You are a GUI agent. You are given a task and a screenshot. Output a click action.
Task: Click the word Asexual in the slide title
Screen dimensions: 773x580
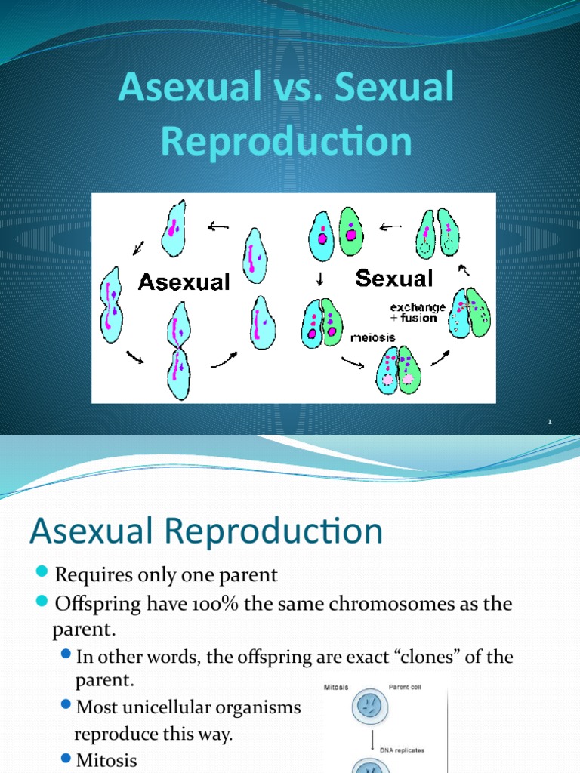point(189,90)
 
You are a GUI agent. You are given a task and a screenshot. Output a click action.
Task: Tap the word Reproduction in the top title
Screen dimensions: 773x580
point(286,142)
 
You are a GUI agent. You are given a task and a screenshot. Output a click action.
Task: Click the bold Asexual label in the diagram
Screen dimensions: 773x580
point(184,282)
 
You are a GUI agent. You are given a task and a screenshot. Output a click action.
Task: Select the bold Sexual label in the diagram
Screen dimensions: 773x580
point(393,279)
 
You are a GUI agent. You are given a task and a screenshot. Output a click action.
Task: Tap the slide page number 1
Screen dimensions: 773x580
point(550,423)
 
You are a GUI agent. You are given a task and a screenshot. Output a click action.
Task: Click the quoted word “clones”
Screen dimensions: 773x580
point(422,657)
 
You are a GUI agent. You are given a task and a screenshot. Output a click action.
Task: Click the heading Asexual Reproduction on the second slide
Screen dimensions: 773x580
point(205,531)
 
